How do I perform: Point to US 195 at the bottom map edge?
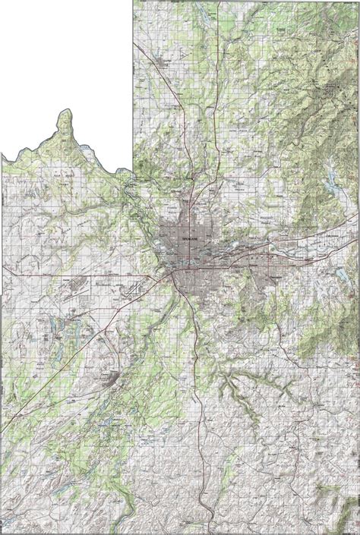(204, 531)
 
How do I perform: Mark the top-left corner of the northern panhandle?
(134, 2)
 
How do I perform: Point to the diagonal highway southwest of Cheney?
(46, 410)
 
